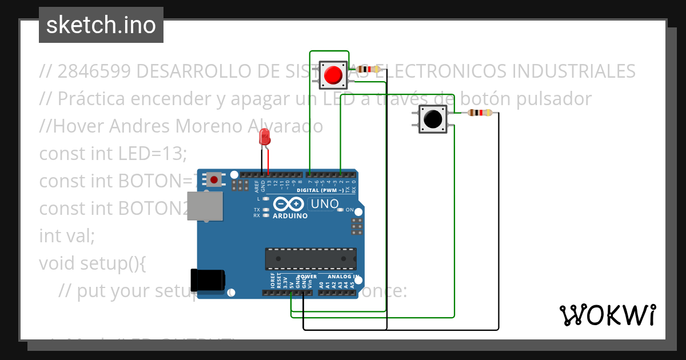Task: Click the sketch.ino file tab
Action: coord(101,25)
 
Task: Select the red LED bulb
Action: coord(264,137)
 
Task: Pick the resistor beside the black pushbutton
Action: coord(479,113)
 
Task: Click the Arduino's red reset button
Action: coord(214,180)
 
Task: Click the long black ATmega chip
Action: coord(310,258)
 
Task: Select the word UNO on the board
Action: coord(325,203)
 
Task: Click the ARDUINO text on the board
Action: coord(290,216)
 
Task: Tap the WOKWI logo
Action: coord(607,315)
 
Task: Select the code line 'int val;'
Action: coord(66,235)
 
